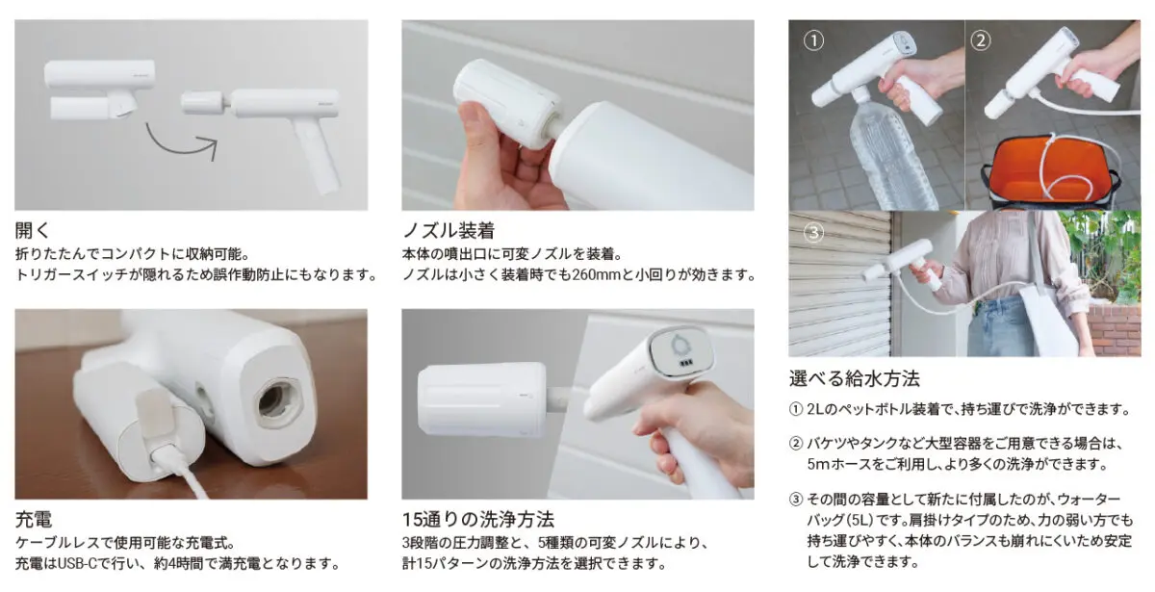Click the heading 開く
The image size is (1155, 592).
click(x=32, y=230)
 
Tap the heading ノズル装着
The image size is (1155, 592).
click(x=449, y=230)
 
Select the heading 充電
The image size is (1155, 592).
click(x=34, y=519)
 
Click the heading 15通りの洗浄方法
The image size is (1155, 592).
click(x=478, y=519)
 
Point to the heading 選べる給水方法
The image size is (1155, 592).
click(x=855, y=378)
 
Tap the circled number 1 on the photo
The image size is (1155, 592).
click(x=813, y=40)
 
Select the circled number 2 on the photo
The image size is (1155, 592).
click(x=981, y=40)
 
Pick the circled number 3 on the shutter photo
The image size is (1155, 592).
click(x=813, y=233)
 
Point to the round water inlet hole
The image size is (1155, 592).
click(x=278, y=402)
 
